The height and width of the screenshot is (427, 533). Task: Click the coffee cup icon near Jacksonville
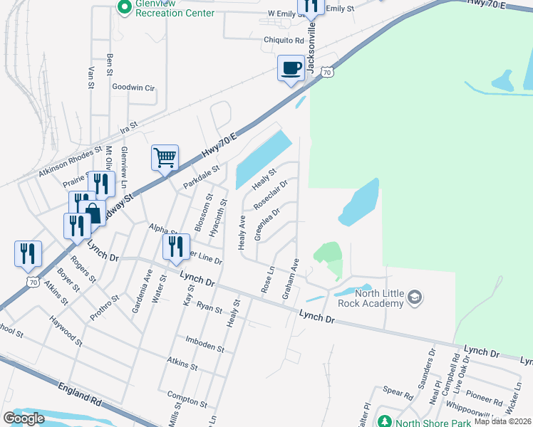[x=290, y=68]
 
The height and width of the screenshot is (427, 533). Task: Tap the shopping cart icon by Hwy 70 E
[x=165, y=157]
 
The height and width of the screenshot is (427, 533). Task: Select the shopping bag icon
[x=93, y=211]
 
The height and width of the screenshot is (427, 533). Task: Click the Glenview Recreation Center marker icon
[x=123, y=6]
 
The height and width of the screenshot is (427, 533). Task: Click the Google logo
[x=24, y=418]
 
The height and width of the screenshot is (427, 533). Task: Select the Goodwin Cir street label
[x=133, y=88]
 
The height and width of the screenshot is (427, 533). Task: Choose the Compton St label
[x=186, y=394]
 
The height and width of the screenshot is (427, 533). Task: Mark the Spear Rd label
[x=398, y=391]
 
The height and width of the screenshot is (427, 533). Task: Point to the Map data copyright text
[x=502, y=421]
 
